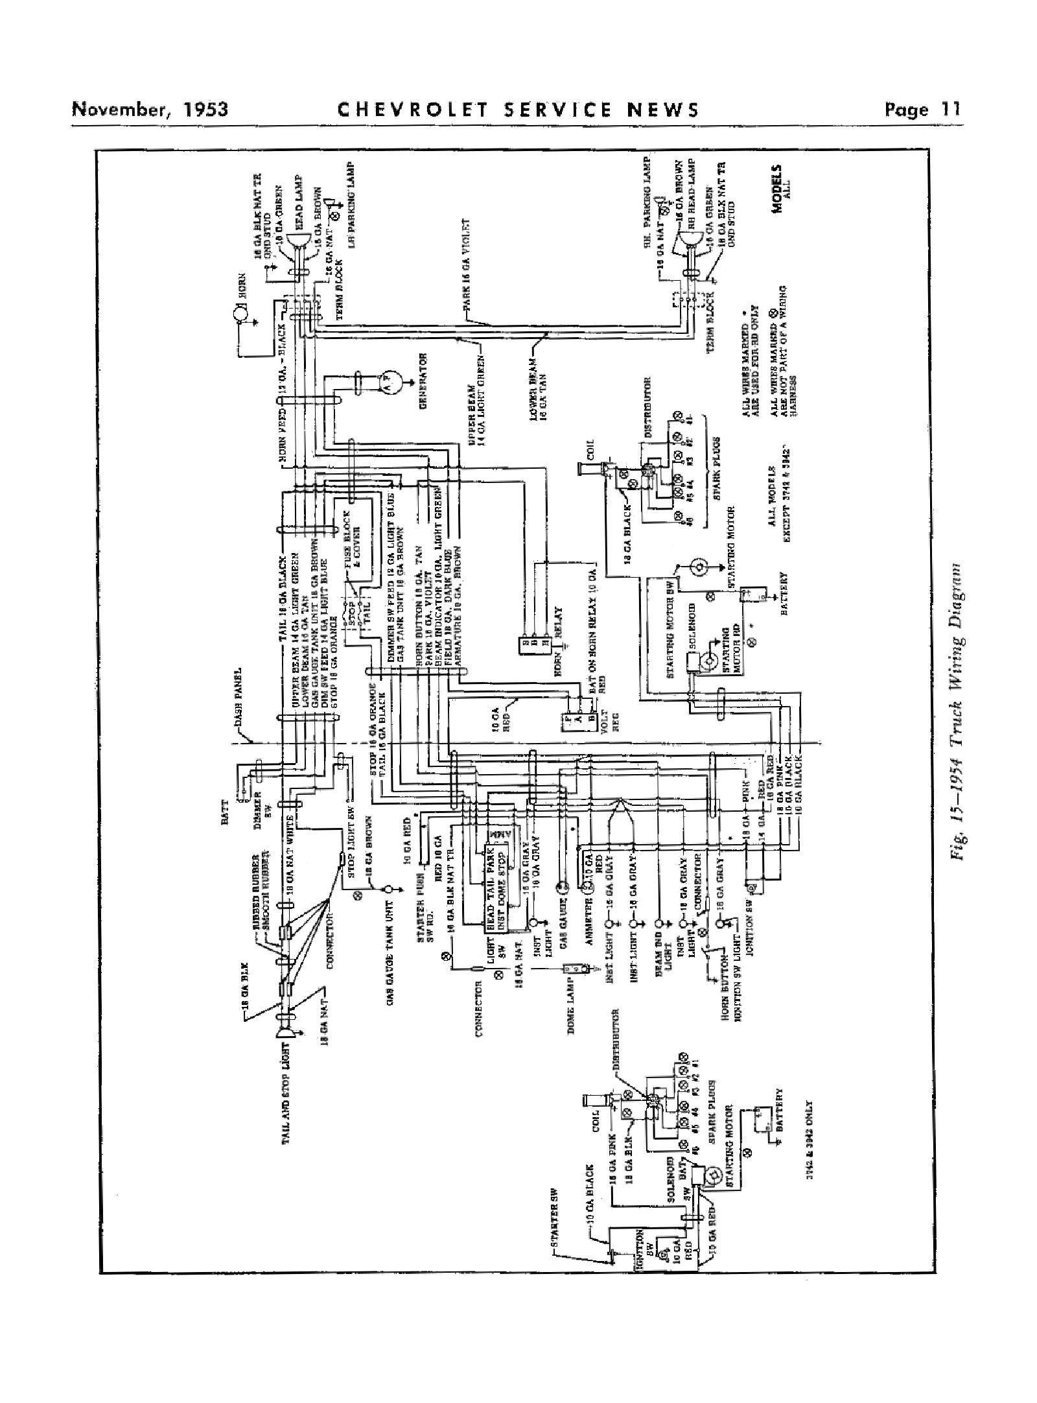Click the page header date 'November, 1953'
click(x=150, y=108)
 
